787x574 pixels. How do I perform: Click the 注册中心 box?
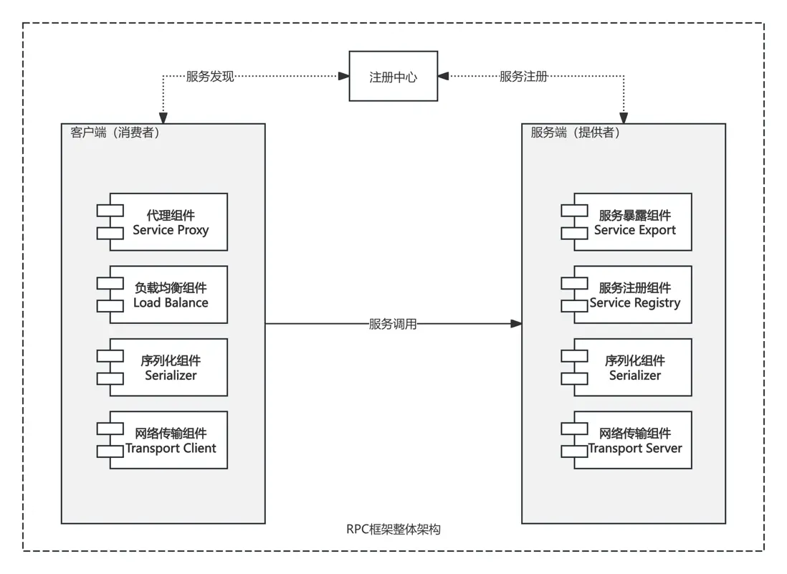(393, 76)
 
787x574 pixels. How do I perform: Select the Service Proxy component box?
(169, 222)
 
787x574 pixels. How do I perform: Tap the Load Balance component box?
(169, 295)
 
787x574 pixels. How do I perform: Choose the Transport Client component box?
(169, 440)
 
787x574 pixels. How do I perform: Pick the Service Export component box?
(634, 222)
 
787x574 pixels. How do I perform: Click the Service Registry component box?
(634, 295)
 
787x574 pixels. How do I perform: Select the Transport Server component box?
(634, 440)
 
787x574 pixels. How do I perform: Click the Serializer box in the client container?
(169, 368)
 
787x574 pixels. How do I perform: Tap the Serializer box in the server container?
(634, 368)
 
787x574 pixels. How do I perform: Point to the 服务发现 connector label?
(210, 76)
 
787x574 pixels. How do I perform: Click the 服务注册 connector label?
(523, 76)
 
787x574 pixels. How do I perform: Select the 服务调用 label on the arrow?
(393, 324)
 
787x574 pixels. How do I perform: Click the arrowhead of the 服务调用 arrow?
(516, 324)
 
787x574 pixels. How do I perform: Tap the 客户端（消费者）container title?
(115, 133)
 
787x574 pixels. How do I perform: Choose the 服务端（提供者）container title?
(575, 133)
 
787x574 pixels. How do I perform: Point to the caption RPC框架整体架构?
(393, 530)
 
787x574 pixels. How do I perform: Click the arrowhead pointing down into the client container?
(163, 118)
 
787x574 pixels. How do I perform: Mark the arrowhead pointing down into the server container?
(624, 118)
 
